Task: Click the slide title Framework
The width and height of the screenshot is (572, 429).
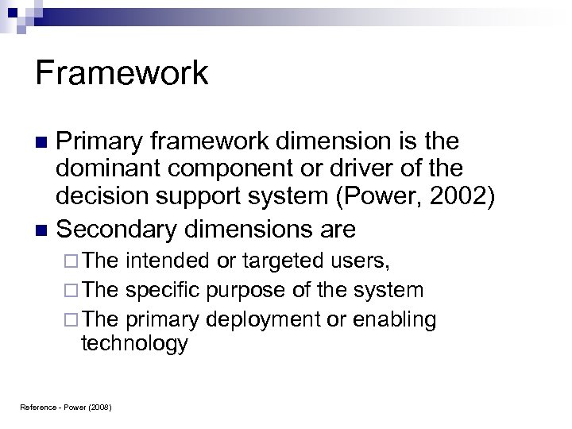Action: point(122,74)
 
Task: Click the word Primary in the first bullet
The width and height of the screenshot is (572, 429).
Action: point(102,143)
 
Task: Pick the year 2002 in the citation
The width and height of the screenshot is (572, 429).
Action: point(458,199)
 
